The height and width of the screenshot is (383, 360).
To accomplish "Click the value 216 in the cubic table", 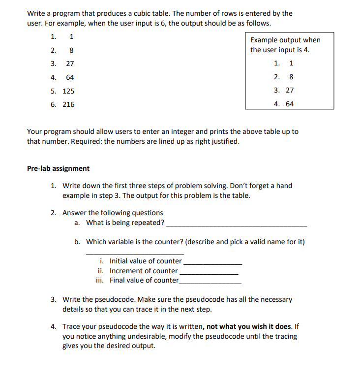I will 68,104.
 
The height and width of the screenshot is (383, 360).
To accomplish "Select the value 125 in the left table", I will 68,91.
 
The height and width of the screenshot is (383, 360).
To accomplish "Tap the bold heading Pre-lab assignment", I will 58,168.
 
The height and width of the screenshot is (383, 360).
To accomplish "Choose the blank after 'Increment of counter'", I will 209,272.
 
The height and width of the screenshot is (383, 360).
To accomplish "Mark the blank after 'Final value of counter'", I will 210,282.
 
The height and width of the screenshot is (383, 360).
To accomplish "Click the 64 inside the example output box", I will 289,104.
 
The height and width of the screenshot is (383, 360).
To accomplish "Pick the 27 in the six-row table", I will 70,64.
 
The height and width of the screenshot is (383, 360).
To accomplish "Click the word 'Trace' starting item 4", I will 72,326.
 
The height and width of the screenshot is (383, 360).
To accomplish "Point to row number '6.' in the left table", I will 54,104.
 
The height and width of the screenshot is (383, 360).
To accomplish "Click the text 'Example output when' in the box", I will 285,40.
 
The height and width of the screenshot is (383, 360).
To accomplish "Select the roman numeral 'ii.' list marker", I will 100,271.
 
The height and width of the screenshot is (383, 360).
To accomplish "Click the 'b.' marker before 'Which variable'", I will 78,242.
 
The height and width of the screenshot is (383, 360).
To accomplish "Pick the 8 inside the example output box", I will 291,77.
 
